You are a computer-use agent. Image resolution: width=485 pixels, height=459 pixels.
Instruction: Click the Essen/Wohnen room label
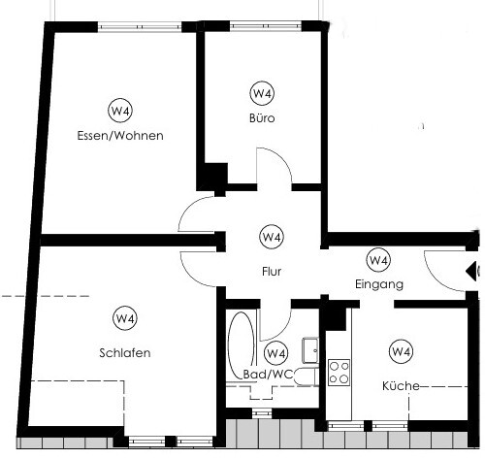point(120,136)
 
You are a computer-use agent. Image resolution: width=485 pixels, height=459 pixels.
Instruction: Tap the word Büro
point(262,118)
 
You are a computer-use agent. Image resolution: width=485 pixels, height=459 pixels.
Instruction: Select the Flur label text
point(272,272)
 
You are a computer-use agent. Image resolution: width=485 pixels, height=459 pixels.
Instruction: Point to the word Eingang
point(378,284)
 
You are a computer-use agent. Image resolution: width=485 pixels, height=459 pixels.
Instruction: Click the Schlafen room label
point(124,352)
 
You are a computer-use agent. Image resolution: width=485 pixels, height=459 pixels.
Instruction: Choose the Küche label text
point(401,385)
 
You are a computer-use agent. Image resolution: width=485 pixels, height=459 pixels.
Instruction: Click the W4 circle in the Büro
point(262,94)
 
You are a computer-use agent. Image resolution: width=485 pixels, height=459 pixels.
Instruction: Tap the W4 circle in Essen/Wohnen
point(120,109)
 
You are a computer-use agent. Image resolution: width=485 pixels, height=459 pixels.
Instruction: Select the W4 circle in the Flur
point(272,237)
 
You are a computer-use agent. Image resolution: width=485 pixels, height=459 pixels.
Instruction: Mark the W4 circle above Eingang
point(378,260)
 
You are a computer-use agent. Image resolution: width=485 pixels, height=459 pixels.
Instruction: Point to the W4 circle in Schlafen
point(124,317)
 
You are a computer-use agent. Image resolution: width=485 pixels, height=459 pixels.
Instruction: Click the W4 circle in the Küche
point(400,351)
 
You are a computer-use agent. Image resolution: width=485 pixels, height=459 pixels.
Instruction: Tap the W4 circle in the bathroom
point(276,353)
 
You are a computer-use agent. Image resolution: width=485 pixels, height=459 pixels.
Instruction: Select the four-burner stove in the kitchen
point(339,372)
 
